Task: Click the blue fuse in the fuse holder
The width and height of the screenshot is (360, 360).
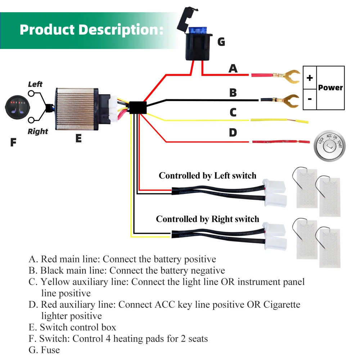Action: pyautogui.click(x=197, y=30)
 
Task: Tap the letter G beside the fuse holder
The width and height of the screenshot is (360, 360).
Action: pyautogui.click(x=221, y=42)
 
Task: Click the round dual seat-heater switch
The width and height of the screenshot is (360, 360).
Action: pyautogui.click(x=17, y=107)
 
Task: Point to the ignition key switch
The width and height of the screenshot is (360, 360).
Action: pyautogui.click(x=329, y=146)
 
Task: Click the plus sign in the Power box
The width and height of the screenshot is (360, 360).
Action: pyautogui.click(x=310, y=78)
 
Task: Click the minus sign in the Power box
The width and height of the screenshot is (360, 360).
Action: pyautogui.click(x=310, y=99)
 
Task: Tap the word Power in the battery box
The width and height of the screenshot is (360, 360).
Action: pyautogui.click(x=330, y=87)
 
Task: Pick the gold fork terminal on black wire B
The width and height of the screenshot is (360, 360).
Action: pyautogui.click(x=287, y=100)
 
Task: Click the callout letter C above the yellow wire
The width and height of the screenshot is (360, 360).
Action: pyautogui.click(x=233, y=112)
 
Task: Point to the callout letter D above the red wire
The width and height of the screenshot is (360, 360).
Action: pyautogui.click(x=233, y=132)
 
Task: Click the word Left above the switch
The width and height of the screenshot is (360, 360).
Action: pyautogui.click(x=35, y=84)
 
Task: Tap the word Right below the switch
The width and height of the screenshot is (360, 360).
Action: pyautogui.click(x=38, y=131)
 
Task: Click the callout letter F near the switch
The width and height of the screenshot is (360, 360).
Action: pyautogui.click(x=13, y=142)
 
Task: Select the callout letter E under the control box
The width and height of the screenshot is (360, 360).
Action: pyautogui.click(x=78, y=138)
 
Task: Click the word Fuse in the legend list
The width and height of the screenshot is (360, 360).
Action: pyautogui.click(x=50, y=350)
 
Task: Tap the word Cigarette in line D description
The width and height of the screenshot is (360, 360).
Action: pyautogui.click(x=282, y=305)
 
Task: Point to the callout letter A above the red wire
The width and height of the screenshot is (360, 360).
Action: pyautogui.click(x=233, y=68)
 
